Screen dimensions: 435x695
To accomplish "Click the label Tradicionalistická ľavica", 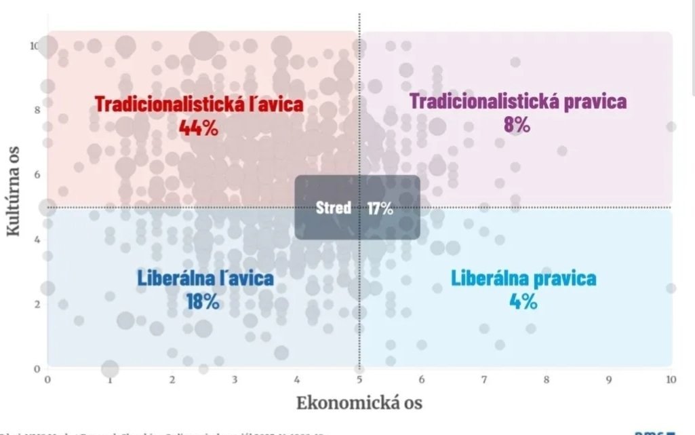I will coord(199,105).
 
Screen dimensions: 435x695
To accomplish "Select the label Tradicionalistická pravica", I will coord(518,102).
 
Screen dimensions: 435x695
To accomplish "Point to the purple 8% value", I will coord(517,125).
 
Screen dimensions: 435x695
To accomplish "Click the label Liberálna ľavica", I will coord(205,278).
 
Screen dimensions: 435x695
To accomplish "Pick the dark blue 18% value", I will coord(203,301).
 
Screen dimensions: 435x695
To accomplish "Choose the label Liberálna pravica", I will coord(523,278).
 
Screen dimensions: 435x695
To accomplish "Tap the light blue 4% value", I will coord(523,301).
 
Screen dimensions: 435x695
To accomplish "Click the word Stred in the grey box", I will coord(334,208).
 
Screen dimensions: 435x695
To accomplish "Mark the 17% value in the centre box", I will coord(380,208).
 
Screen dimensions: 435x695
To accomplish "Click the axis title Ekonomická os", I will coord(359,402).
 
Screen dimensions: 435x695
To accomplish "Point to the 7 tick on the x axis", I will coord(484,380).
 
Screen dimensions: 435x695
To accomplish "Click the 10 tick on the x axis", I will coord(671,380).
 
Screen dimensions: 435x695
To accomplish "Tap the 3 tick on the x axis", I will coord(235,380).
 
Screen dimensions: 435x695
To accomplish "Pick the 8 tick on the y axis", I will coord(37,110).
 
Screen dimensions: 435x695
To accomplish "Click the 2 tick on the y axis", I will coord(37,303).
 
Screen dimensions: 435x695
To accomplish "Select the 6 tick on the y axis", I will coord(37,174).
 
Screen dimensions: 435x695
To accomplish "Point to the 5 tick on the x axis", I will coord(359,380).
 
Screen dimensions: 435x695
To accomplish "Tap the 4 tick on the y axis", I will coord(37,239).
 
